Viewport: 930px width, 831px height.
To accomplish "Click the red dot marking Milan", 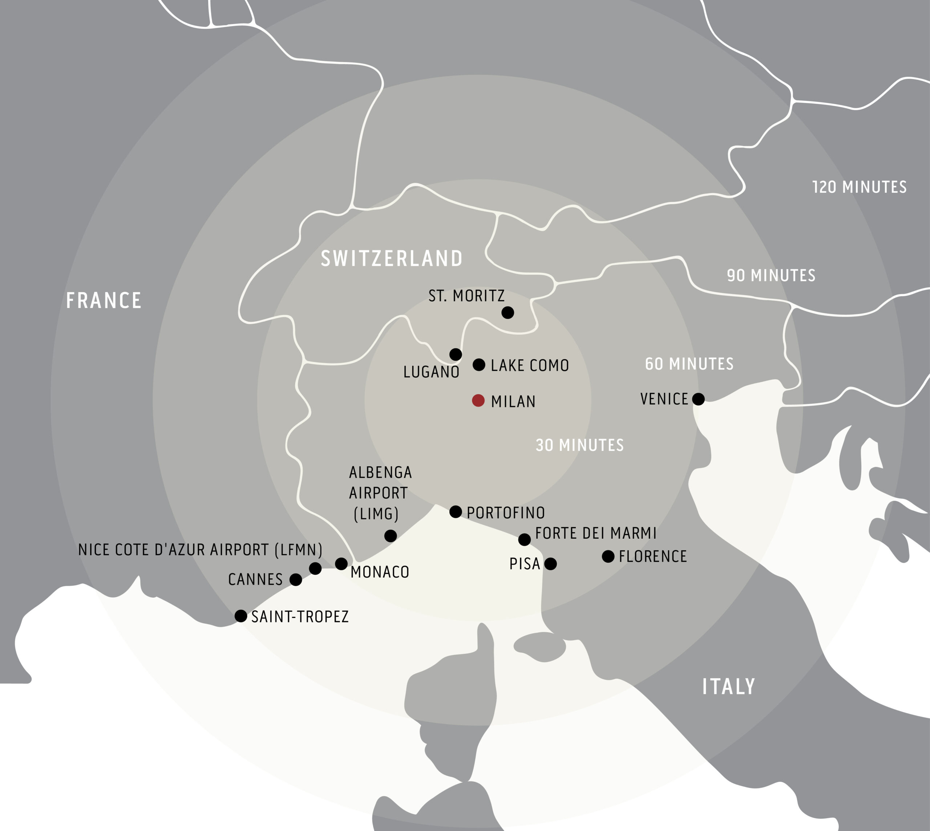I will tap(478, 401).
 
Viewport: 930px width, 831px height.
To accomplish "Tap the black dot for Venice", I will tap(698, 399).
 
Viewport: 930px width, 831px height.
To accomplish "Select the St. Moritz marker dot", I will tap(508, 312).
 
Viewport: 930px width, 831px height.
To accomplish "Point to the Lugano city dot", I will tap(456, 354).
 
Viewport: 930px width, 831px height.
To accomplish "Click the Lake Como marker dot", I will tap(479, 364).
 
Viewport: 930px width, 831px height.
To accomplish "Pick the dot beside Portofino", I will tap(456, 511).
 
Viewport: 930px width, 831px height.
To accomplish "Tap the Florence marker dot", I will tap(608, 556).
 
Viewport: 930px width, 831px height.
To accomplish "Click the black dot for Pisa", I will tap(551, 564).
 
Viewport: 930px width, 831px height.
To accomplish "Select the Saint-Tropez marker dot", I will tap(240, 615).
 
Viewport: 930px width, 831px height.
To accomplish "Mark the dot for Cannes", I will tap(296, 579).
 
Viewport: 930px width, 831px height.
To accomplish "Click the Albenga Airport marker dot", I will tap(390, 535).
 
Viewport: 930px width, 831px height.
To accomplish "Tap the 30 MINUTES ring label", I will tap(579, 445).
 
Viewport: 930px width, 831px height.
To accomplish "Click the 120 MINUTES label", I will tap(859, 187).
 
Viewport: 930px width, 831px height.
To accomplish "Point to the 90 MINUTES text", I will tap(771, 275).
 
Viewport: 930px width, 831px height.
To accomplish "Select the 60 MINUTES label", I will tap(689, 364).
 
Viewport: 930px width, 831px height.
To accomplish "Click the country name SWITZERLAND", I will tap(392, 258).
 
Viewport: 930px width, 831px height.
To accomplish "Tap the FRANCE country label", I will tap(104, 300).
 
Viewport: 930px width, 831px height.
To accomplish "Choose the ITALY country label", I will tap(728, 686).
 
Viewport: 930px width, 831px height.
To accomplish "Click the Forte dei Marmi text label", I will tap(595, 533).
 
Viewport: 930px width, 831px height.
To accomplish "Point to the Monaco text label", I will tap(380, 572).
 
